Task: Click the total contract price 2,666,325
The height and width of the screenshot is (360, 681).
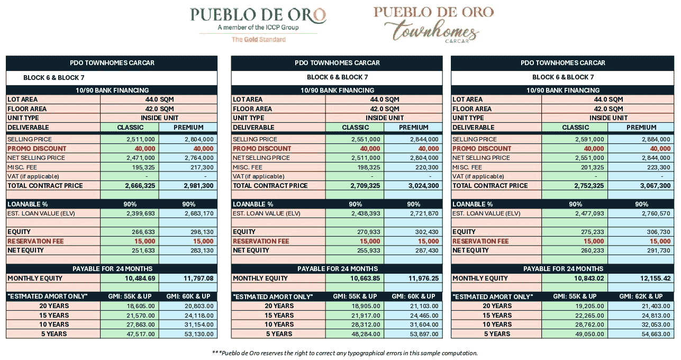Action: pos(140,186)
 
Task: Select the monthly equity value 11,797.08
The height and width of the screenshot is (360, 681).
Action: pos(198,278)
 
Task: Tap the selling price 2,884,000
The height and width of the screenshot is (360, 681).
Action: pos(656,139)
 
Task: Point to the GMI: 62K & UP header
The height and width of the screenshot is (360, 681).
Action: pos(641,296)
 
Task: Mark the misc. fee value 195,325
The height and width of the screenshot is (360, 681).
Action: pos(143,167)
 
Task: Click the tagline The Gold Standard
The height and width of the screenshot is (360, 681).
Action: pos(258,40)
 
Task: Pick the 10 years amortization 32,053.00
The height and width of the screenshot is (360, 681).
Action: pos(655,325)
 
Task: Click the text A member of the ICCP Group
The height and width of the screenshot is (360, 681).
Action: pos(258,27)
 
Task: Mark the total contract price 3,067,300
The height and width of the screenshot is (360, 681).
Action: pos(652,186)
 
